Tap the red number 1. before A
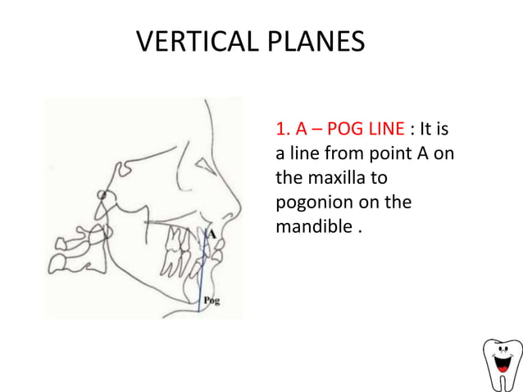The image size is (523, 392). coord(284,130)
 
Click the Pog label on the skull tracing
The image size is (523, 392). coord(211,302)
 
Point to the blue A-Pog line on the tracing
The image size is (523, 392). coord(202,271)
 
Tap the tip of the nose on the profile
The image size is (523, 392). coord(239,207)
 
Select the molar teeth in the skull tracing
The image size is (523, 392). coord(177,246)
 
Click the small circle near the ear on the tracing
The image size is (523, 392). coord(102,195)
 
